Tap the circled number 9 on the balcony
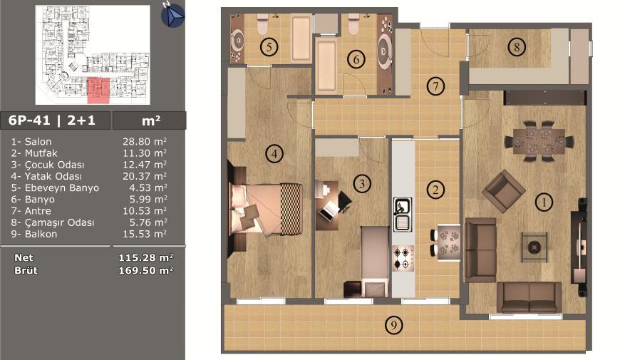(394, 325)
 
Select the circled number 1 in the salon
(544, 202)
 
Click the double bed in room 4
(266, 210)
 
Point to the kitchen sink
(403, 215)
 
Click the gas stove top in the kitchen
(403, 258)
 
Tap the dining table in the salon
(539, 141)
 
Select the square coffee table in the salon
(534, 247)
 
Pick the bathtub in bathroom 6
(326, 66)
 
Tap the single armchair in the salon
(503, 192)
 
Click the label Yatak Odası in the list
(53, 176)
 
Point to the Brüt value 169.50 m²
(145, 270)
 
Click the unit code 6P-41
(29, 120)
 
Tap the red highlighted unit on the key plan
(98, 91)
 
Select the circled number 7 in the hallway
(435, 86)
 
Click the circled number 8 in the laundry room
(517, 47)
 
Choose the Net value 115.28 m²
(145, 257)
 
